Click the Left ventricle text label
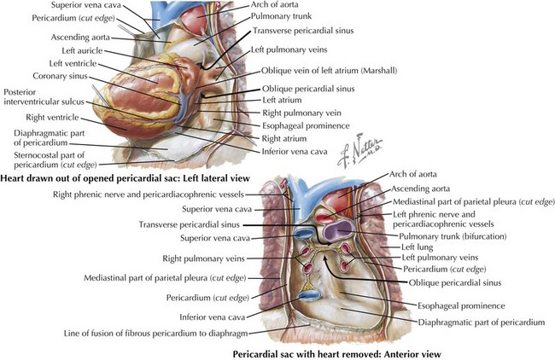(x=74, y=64)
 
